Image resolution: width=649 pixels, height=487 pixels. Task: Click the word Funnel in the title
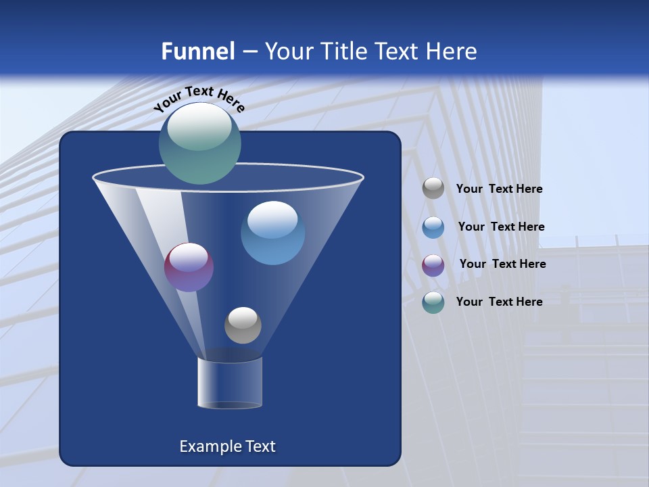(x=197, y=51)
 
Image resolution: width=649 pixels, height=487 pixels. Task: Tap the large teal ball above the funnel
(x=200, y=143)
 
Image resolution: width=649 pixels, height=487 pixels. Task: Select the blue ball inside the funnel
(x=272, y=233)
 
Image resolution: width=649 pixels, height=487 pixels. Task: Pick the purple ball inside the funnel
(x=189, y=267)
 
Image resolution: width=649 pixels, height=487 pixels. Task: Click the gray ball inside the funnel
(x=243, y=325)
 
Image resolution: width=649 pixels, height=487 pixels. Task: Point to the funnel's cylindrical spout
(x=230, y=383)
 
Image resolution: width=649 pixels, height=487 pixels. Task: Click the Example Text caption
(x=227, y=446)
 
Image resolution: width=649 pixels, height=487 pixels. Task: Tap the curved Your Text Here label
(x=199, y=99)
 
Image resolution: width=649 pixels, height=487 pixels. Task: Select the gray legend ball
(x=433, y=189)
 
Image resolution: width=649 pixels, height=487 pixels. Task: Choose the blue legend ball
(x=433, y=227)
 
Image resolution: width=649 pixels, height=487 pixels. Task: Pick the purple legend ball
(x=433, y=265)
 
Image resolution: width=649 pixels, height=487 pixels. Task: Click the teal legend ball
(x=433, y=302)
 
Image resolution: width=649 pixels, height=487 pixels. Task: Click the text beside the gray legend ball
(x=499, y=189)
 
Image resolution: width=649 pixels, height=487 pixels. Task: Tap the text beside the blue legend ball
(x=501, y=227)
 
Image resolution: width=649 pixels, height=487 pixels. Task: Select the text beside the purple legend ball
(x=502, y=264)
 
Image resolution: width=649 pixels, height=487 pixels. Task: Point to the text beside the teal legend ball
(x=499, y=302)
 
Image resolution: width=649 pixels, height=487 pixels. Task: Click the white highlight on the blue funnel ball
(x=272, y=219)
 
